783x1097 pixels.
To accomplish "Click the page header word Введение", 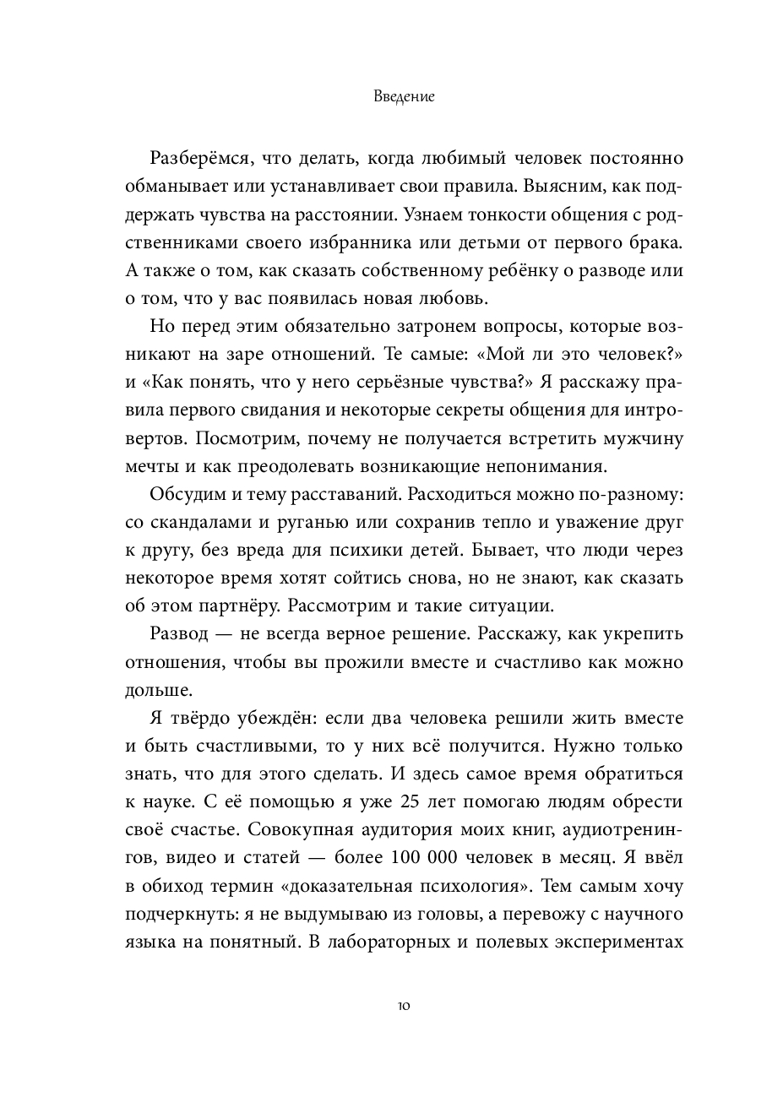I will [391, 96].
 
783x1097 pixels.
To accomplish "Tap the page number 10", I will [391, 1006].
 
